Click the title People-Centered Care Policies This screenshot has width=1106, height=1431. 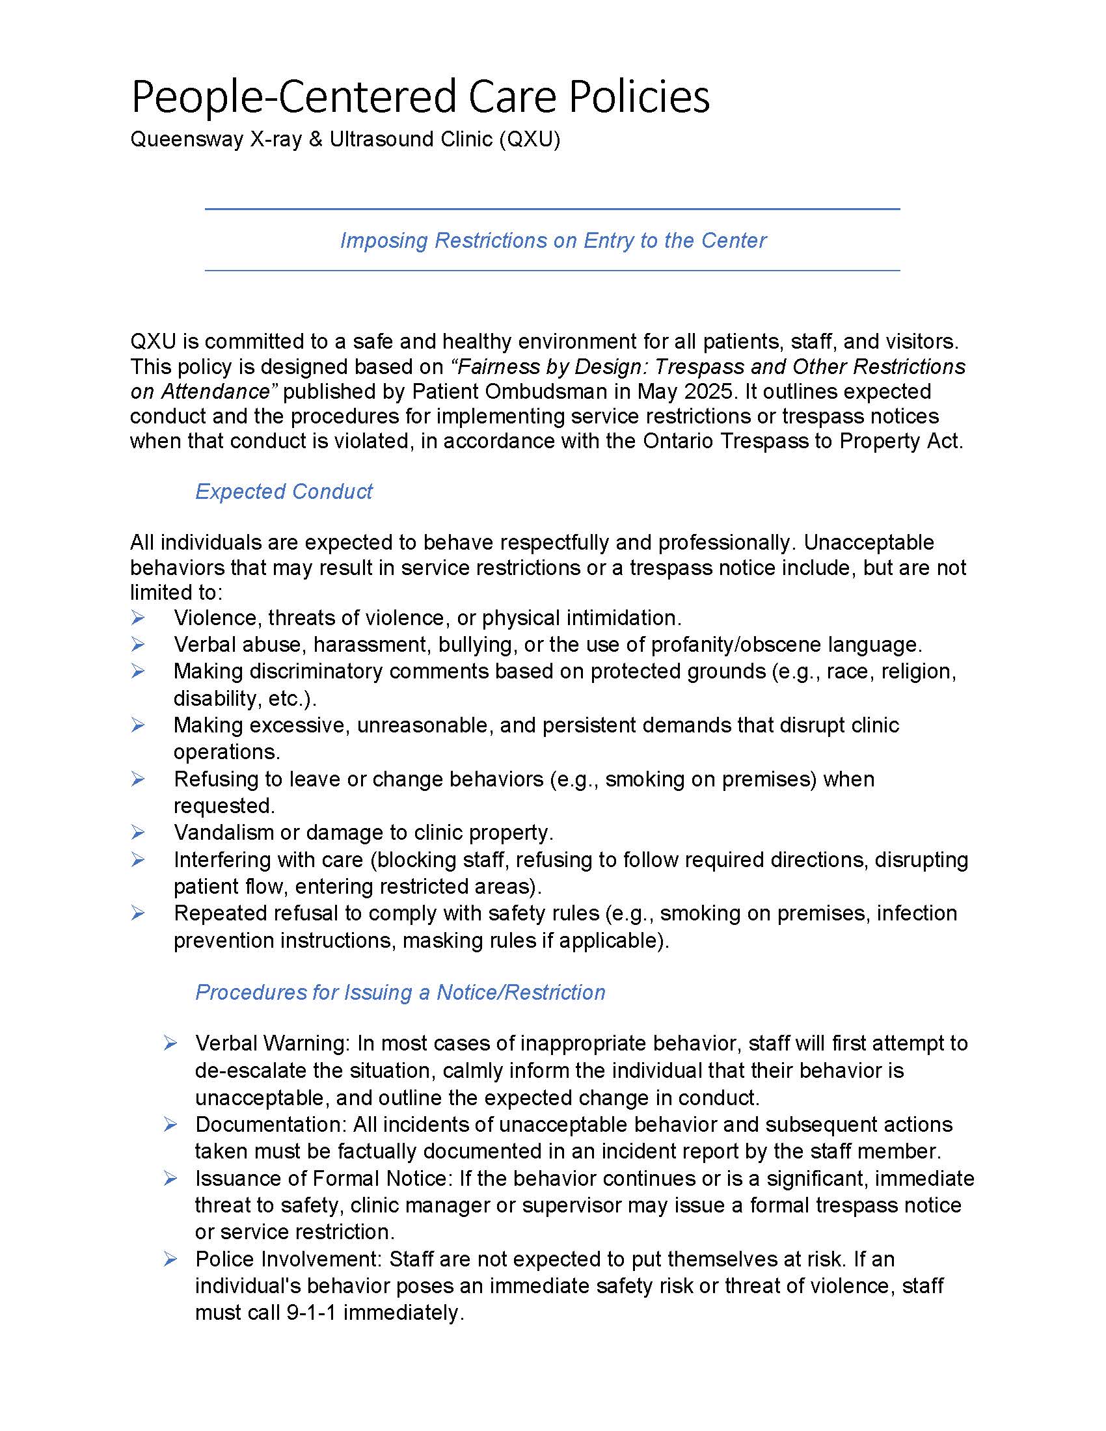(x=420, y=97)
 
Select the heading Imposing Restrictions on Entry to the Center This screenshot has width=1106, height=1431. (x=552, y=241)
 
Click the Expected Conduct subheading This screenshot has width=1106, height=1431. (x=284, y=491)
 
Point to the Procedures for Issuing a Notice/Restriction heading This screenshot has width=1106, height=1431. (x=399, y=992)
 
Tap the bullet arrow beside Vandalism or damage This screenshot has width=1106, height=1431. (x=137, y=832)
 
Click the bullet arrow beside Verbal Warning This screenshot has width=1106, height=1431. (x=170, y=1043)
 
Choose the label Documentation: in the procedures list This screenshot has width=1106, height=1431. (x=271, y=1125)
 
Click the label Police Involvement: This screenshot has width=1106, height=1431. (x=289, y=1259)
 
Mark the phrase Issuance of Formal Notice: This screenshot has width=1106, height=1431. (x=324, y=1178)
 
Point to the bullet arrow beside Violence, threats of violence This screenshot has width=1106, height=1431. (x=137, y=617)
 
